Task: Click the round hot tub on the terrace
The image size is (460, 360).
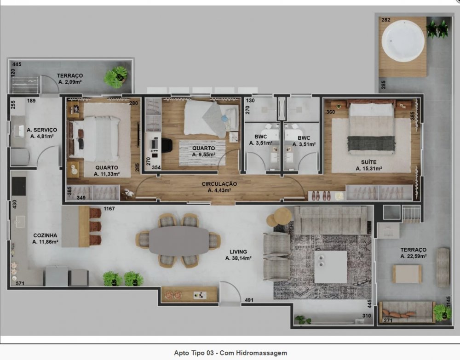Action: pyautogui.click(x=403, y=41)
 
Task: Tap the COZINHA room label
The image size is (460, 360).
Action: pyautogui.click(x=45, y=235)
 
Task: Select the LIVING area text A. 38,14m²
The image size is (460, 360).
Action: pyautogui.click(x=238, y=258)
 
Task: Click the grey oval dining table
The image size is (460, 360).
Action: pyautogui.click(x=179, y=240)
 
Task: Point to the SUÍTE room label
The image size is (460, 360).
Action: pyautogui.click(x=369, y=162)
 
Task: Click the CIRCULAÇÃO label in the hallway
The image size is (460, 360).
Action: pyautogui.click(x=219, y=184)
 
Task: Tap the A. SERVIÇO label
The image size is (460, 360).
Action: pyautogui.click(x=42, y=130)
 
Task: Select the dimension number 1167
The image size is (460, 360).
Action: pyautogui.click(x=109, y=209)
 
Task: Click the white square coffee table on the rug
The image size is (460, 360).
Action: pyautogui.click(x=330, y=267)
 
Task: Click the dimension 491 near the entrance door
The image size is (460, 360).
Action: pyautogui.click(x=249, y=300)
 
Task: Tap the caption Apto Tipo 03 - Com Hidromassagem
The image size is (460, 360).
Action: pyautogui.click(x=230, y=353)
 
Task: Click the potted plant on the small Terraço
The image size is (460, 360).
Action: pyautogui.click(x=115, y=77)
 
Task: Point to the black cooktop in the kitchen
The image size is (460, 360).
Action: pyautogui.click(x=19, y=187)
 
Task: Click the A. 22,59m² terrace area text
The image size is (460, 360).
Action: pyautogui.click(x=414, y=256)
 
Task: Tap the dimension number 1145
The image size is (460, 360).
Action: pyautogui.click(x=448, y=302)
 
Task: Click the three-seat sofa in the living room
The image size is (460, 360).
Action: pyautogui.click(x=331, y=220)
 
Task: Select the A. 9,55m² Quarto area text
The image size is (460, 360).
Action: pyautogui.click(x=204, y=155)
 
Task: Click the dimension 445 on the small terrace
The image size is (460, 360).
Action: pyautogui.click(x=17, y=64)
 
